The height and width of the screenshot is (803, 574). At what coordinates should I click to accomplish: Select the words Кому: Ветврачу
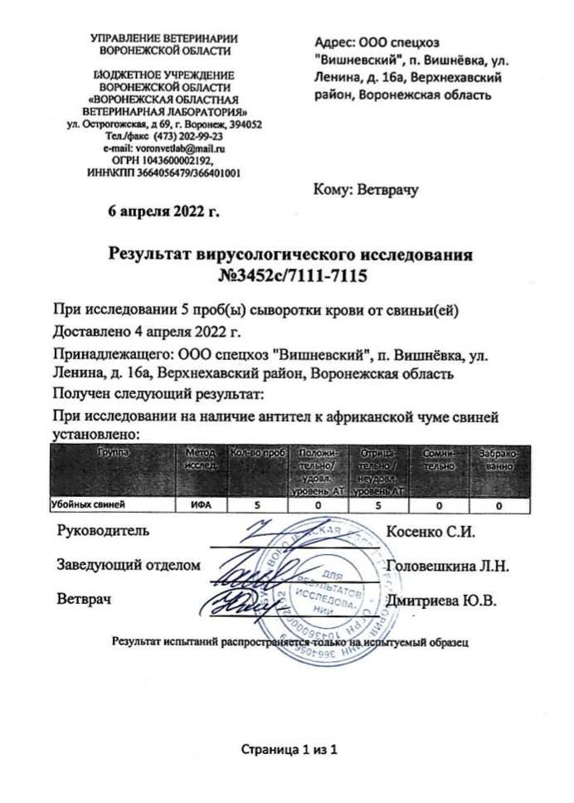[365, 189]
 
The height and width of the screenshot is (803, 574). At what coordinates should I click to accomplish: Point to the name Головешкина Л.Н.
[448, 566]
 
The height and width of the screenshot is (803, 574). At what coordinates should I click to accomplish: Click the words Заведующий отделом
[129, 566]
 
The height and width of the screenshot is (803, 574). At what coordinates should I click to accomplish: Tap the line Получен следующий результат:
[157, 392]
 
